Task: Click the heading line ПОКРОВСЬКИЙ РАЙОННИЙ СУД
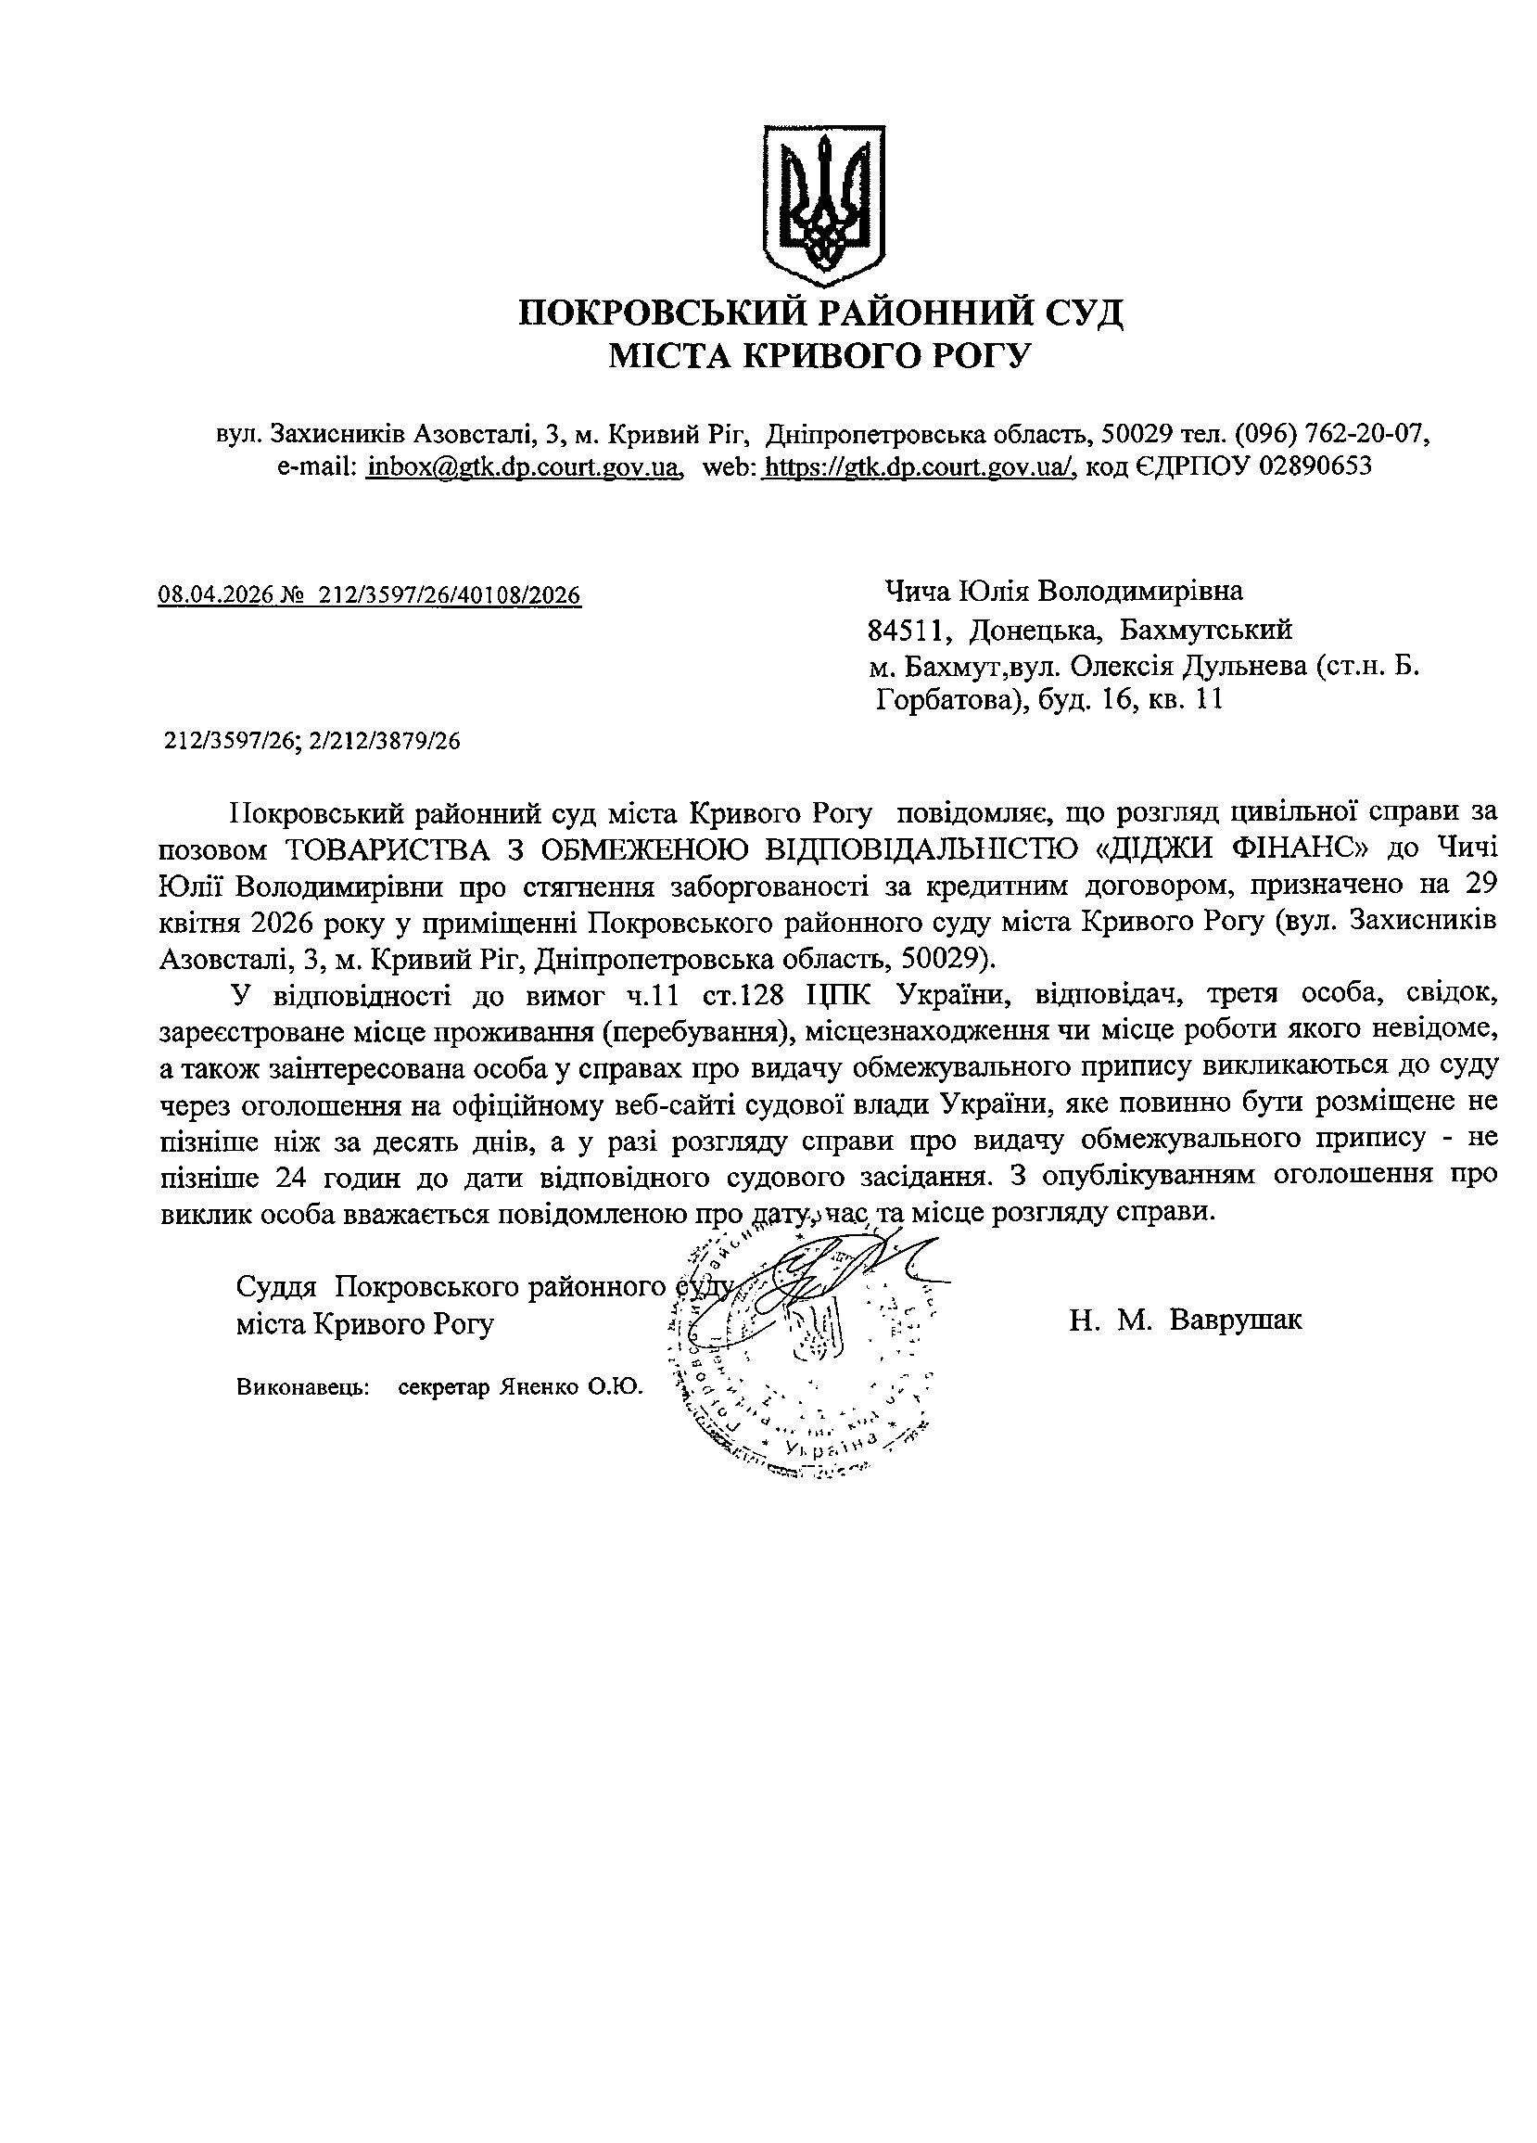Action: (x=821, y=312)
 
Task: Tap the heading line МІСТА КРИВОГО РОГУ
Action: (x=820, y=355)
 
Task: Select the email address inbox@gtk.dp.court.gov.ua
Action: (x=525, y=466)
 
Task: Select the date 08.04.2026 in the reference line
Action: (x=214, y=594)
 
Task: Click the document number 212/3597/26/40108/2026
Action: (x=451, y=594)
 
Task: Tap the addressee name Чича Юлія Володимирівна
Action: (x=1062, y=592)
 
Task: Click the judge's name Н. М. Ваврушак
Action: (x=1185, y=1319)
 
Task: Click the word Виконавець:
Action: (x=302, y=1387)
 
